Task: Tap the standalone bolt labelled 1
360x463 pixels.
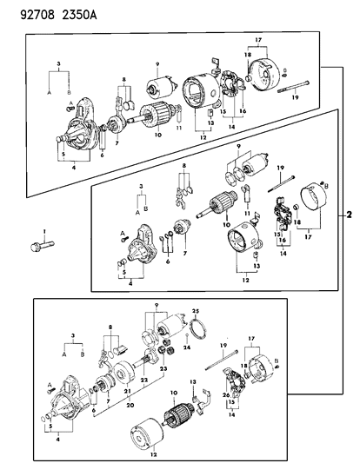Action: click(41, 245)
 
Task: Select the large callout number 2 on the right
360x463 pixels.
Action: click(350, 214)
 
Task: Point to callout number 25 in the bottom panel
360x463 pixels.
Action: click(197, 311)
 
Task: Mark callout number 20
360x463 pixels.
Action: click(128, 405)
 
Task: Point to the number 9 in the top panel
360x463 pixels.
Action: click(158, 64)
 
